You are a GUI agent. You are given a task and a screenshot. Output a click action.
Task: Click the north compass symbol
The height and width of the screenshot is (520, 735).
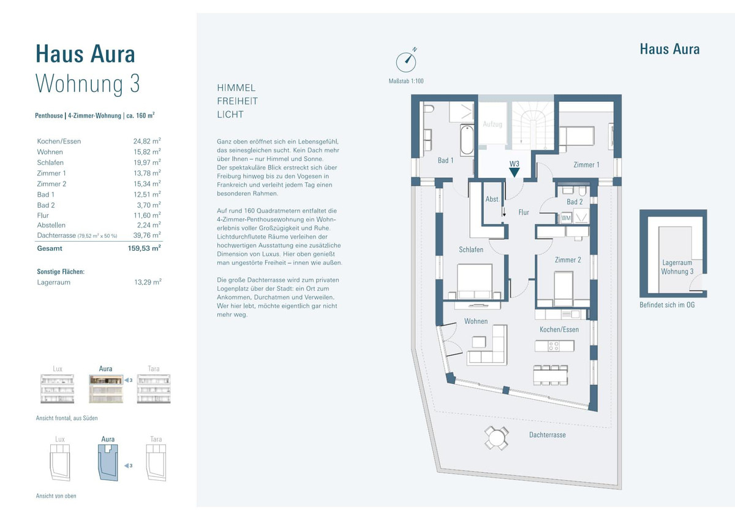coord(406,62)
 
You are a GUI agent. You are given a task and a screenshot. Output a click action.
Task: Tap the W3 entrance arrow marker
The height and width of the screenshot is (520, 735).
coord(514,172)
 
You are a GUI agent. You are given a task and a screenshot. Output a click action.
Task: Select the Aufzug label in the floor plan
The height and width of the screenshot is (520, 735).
coord(492,124)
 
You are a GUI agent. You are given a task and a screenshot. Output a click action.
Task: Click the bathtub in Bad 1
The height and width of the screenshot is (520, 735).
coord(467,140)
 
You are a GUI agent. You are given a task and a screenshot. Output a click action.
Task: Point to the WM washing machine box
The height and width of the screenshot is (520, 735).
coord(566,218)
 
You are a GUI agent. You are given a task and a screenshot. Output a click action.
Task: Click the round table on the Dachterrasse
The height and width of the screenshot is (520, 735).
coord(497,438)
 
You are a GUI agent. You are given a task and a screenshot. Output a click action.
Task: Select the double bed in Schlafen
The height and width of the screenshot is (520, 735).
coord(475,281)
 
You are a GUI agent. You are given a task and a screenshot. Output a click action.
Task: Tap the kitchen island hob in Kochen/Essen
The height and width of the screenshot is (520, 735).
coord(554,346)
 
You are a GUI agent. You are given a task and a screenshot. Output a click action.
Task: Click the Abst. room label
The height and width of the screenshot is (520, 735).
coord(492,199)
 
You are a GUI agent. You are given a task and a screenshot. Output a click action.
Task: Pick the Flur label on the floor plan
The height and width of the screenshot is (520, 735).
coord(524,212)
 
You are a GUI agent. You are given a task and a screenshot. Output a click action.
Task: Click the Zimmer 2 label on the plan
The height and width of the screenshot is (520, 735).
coord(568,260)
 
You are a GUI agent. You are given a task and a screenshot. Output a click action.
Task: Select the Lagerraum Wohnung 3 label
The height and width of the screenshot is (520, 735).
coord(677,267)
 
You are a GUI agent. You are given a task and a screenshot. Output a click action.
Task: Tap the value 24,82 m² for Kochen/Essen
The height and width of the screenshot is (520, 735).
coord(147,141)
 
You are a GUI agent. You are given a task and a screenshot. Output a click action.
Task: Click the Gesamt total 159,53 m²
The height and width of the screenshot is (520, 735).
coord(145,248)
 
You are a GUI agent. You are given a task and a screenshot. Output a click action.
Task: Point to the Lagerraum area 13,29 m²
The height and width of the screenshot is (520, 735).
coord(148,282)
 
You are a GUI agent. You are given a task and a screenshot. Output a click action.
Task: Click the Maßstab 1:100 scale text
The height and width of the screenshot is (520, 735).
coord(406,81)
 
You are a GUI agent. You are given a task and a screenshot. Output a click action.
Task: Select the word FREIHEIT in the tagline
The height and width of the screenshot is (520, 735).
coord(237,101)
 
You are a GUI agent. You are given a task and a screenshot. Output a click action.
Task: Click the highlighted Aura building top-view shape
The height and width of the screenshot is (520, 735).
coord(108,462)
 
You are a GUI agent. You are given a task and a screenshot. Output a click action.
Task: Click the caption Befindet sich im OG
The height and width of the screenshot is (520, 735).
coord(667,305)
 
